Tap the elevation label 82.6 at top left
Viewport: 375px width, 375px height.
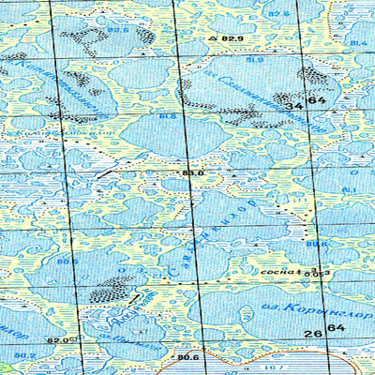coord(117,30)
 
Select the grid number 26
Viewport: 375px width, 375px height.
coord(312,333)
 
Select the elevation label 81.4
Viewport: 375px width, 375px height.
coord(358,44)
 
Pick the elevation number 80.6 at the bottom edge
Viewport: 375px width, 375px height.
coord(187,357)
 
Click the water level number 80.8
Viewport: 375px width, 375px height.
coord(317,246)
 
